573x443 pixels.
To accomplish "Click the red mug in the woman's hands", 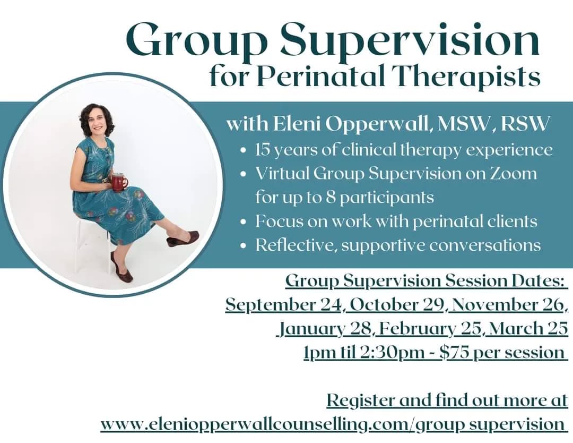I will coord(119,182).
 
